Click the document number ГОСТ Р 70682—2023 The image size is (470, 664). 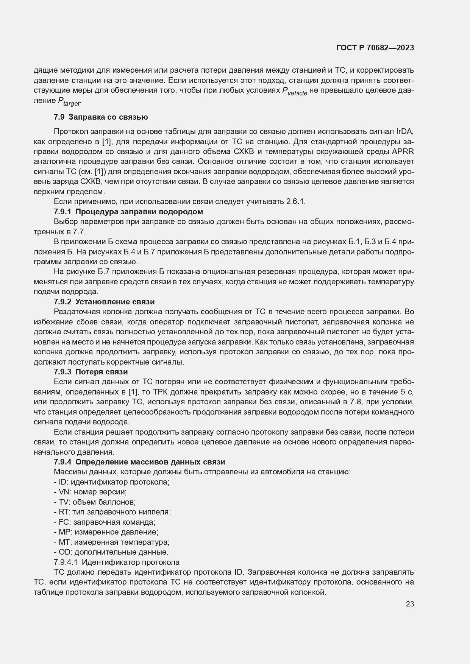tap(375, 48)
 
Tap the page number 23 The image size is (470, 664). tap(410, 604)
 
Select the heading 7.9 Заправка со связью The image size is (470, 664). tap(101, 117)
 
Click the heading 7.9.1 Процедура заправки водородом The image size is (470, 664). tap(128, 211)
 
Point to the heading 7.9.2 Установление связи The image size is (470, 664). tap(104, 302)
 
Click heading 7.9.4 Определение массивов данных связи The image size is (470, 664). tap(139, 462)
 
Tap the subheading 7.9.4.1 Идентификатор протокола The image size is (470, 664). tap(117, 562)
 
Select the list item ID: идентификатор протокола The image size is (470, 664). tap(112, 482)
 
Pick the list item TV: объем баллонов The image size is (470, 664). tap(95, 502)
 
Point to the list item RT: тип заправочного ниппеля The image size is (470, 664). tap(112, 512)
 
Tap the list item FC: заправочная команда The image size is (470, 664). tap(105, 522)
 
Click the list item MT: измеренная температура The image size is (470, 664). tap(112, 542)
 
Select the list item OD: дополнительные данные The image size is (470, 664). tap(111, 552)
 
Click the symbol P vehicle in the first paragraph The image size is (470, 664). tap(295, 92)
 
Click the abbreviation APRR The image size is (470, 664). tap(403, 151)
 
